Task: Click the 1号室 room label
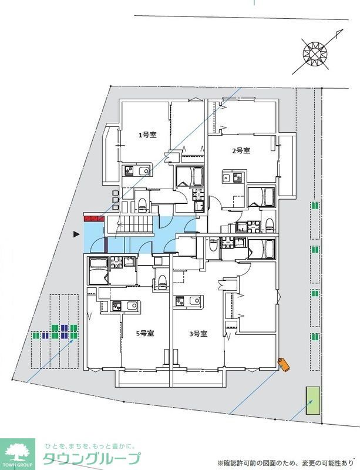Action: pyautogui.click(x=147, y=135)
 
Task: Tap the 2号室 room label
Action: pyautogui.click(x=241, y=150)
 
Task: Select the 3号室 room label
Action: pyautogui.click(x=198, y=333)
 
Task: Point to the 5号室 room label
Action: pyautogui.click(x=145, y=333)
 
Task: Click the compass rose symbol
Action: pyautogui.click(x=315, y=55)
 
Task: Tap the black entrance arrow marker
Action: pyautogui.click(x=77, y=234)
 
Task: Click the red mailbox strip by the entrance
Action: pyautogui.click(x=94, y=218)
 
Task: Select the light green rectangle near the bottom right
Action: pyautogui.click(x=312, y=401)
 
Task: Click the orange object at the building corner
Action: pyautogui.click(x=284, y=364)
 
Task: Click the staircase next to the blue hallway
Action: pyautogui.click(x=136, y=224)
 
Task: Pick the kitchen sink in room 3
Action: pyautogui.click(x=194, y=301)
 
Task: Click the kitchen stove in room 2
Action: pyautogui.click(x=238, y=177)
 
